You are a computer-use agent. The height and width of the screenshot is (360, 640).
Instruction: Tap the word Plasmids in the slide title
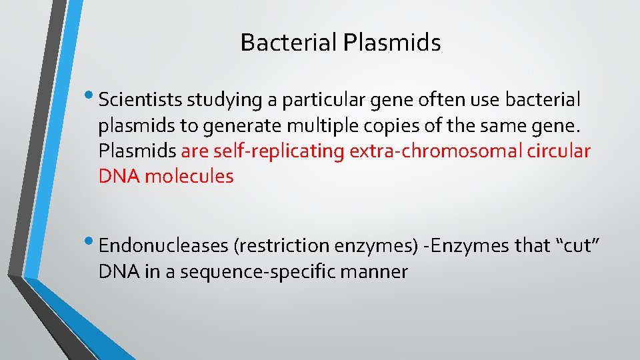[393, 43]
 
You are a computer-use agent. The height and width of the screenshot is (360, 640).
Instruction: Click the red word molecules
[189, 176]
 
